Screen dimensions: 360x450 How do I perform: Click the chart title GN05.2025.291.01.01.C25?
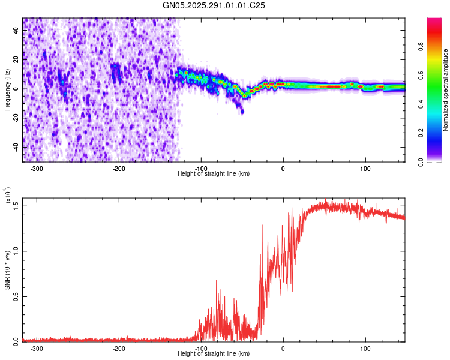click(214, 5)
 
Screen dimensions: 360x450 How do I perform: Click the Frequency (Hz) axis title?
click(7, 89)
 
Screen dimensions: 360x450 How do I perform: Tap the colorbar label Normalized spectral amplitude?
click(445, 90)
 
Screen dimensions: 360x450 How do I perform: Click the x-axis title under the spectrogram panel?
click(214, 174)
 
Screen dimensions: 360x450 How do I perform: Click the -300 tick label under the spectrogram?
click(37, 168)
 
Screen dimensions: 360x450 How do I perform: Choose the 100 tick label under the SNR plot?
click(365, 348)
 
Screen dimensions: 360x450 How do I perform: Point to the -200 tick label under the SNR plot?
click(119, 348)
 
